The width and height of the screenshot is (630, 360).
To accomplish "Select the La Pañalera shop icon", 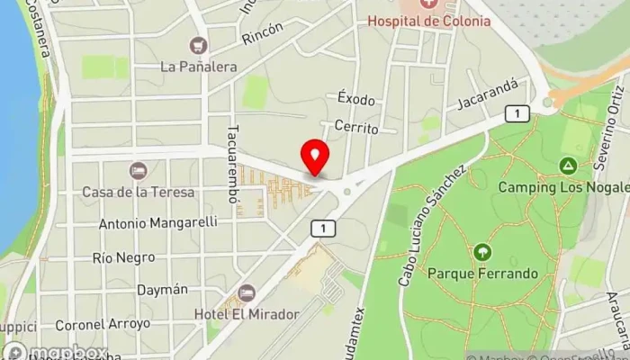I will [197, 44].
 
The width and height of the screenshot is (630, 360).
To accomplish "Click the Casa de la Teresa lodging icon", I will [138, 170].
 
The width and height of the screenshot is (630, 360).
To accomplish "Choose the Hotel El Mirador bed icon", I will [247, 292].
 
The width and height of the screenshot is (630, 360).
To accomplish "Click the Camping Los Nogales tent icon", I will [568, 166].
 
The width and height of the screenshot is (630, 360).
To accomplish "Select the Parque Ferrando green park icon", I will [482, 252].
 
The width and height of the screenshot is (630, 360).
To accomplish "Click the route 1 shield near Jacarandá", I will [517, 112].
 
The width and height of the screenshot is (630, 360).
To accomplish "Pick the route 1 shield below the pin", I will [322, 229].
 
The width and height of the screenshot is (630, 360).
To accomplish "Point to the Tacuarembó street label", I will [233, 163].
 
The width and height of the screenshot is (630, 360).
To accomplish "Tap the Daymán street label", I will [163, 290].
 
